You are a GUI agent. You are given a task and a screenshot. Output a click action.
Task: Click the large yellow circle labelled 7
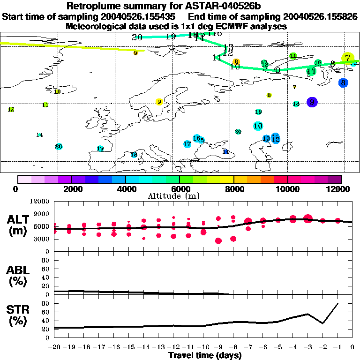(x=347, y=58)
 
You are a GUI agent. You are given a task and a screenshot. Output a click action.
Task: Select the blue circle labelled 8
(x=343, y=82)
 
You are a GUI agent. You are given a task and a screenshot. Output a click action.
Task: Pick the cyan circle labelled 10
(x=258, y=126)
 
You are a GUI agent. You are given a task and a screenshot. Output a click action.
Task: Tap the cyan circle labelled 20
(x=59, y=146)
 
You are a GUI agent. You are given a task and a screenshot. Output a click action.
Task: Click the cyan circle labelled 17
(x=187, y=144)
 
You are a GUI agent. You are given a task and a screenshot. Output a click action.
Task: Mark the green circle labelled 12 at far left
(x=11, y=109)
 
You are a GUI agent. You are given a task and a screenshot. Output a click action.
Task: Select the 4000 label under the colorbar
(x=125, y=189)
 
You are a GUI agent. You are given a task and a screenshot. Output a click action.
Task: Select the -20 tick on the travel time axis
(x=54, y=347)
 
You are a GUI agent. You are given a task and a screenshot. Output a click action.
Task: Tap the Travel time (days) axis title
(x=205, y=356)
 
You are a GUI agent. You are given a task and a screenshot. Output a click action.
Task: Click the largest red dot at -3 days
(x=307, y=218)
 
